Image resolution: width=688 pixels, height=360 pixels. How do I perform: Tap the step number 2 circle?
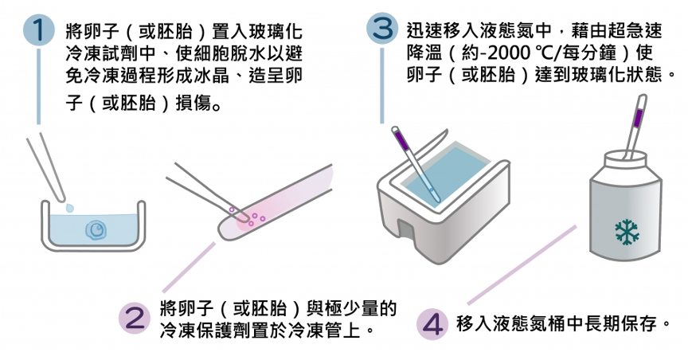(x=133, y=316)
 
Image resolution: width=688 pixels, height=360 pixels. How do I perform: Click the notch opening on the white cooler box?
(x=407, y=233)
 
